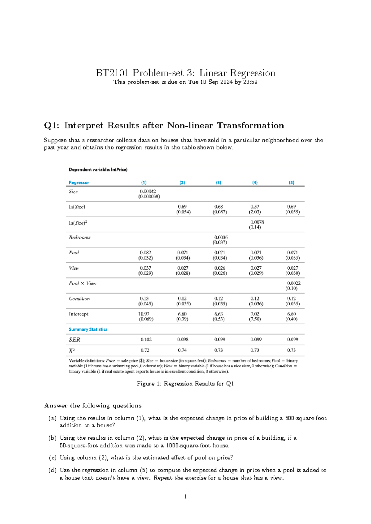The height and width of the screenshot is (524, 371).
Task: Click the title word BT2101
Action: [x=112, y=73]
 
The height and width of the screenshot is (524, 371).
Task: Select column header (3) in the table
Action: [x=219, y=183]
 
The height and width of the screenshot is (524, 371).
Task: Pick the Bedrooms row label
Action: [x=79, y=238]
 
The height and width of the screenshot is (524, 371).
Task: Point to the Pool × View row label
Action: [x=83, y=283]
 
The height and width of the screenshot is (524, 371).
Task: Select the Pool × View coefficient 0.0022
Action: [x=294, y=283]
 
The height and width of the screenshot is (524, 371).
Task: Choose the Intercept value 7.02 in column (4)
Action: [x=255, y=314]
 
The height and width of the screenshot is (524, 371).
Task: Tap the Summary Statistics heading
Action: [x=88, y=329]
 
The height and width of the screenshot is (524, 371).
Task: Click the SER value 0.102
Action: [x=146, y=340]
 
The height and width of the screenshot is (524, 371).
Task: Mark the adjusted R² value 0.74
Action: [x=182, y=350]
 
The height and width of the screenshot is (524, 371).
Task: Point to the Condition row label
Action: [x=79, y=299]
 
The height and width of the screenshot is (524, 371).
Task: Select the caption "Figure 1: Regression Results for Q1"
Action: [x=185, y=384]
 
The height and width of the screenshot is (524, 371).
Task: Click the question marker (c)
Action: [x=53, y=458]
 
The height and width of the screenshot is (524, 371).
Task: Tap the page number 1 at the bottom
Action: [x=185, y=497]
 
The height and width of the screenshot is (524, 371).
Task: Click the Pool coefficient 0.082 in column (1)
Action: [x=145, y=253]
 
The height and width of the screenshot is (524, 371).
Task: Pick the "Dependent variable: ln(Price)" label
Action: [x=98, y=170]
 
